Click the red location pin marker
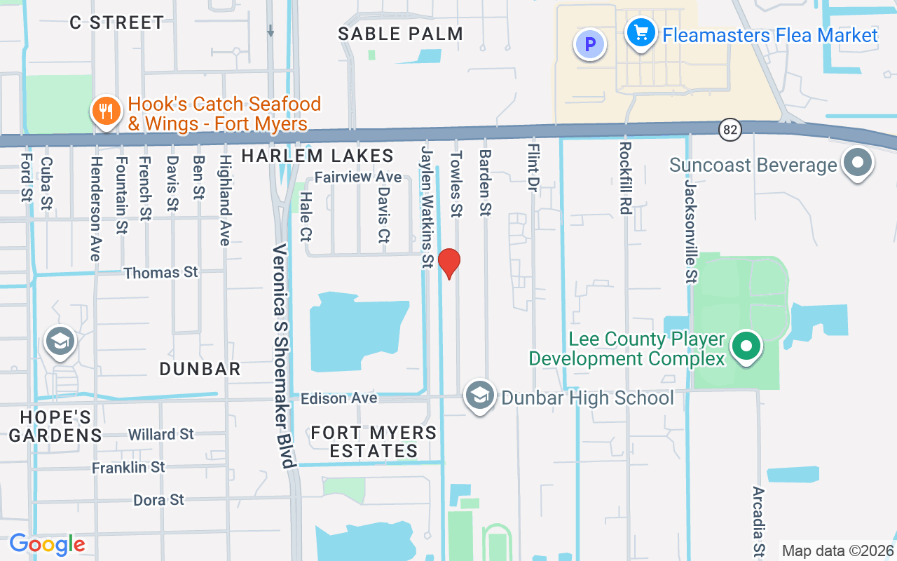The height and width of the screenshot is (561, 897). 448,263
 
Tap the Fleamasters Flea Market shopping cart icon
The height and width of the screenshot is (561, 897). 641,33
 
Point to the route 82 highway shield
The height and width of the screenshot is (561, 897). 730,129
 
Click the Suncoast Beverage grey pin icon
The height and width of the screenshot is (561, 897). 856,163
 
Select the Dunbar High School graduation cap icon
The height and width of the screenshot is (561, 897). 480,396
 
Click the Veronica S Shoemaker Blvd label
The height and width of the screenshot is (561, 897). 283,356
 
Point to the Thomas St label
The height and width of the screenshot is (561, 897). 161,272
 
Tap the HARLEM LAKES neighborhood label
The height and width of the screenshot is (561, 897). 317,156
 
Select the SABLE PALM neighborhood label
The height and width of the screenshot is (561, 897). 400,34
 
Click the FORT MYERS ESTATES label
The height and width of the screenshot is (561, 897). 374,442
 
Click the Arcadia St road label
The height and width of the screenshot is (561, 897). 758,521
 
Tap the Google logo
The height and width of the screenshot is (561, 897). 48,544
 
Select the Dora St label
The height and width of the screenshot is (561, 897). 159,500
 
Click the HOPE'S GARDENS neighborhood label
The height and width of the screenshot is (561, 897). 55,426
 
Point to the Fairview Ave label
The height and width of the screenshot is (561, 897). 357,177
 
